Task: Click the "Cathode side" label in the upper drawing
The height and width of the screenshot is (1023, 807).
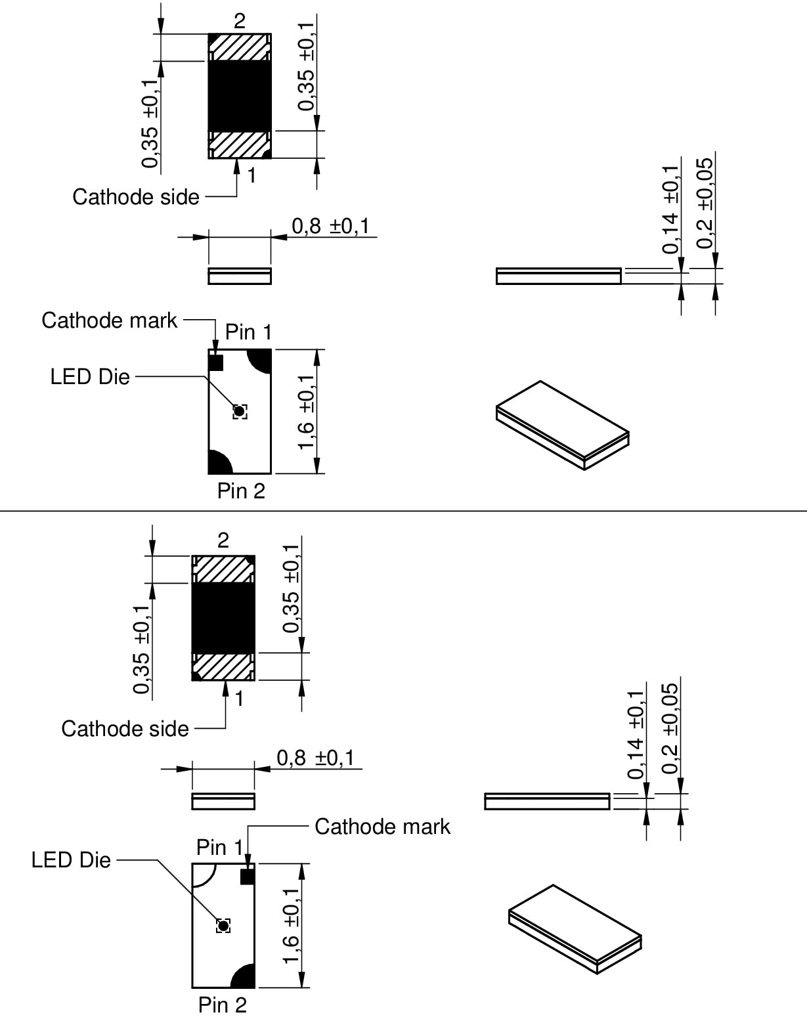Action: click(136, 197)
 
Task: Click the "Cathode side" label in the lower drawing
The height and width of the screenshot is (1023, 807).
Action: click(125, 729)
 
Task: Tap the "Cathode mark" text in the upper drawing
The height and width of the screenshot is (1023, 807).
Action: click(109, 320)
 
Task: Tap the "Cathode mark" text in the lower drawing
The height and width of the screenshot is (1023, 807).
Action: click(382, 827)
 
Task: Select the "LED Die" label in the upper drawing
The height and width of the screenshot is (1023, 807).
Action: click(90, 377)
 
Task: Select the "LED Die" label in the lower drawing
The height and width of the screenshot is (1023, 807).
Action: click(71, 860)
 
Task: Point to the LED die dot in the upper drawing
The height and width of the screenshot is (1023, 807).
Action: click(240, 412)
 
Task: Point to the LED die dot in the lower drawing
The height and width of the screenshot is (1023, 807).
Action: click(223, 925)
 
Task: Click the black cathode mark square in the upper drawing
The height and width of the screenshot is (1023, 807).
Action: click(216, 362)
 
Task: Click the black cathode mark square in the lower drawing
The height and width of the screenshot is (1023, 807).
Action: click(247, 876)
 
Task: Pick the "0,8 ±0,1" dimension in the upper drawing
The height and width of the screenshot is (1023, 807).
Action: click(330, 227)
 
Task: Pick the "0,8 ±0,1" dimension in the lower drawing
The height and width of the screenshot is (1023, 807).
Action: click(315, 758)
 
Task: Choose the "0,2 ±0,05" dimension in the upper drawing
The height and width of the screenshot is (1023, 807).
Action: click(705, 204)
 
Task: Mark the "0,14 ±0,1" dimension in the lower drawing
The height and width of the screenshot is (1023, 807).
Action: click(636, 734)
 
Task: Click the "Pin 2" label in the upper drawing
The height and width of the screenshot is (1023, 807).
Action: click(241, 490)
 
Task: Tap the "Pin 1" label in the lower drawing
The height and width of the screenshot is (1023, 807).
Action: click(219, 848)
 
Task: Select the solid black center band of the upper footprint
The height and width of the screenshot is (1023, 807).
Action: click(240, 96)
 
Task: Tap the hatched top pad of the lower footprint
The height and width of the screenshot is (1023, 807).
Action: click(223, 569)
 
